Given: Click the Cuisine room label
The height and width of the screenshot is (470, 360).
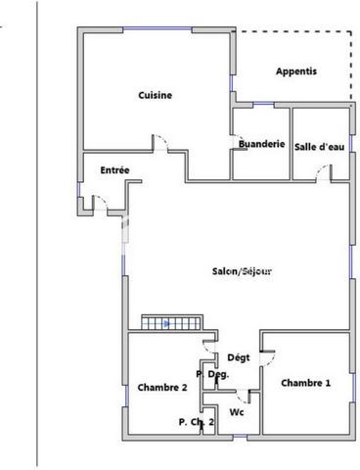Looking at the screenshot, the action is tap(156, 95).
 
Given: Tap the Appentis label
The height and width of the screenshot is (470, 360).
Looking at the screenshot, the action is tap(296, 71).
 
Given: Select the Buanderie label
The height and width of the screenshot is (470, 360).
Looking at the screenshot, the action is tap(262, 144).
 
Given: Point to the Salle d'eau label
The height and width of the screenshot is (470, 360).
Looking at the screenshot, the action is tap(320, 147).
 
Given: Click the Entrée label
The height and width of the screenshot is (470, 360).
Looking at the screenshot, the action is tap(114, 170).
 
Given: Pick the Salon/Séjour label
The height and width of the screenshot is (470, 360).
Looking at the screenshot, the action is tap(242, 271).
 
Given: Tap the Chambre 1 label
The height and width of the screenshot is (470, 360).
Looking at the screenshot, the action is tap(306, 383).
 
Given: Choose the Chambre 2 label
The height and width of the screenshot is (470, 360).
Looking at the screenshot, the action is tap(162, 388).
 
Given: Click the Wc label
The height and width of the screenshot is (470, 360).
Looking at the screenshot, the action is tap(237, 412).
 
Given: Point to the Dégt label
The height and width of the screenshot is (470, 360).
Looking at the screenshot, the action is tap(239, 357).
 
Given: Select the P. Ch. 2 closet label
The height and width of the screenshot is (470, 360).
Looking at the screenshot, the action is tap(197, 422).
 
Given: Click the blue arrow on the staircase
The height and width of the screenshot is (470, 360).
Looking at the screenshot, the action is tap(166, 324).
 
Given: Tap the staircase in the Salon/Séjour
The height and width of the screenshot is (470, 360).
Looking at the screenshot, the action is tap(172, 322).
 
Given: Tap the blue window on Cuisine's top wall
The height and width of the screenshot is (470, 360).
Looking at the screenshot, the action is tap(157, 28).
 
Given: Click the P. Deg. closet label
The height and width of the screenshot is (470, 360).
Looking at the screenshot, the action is tap(212, 374).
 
